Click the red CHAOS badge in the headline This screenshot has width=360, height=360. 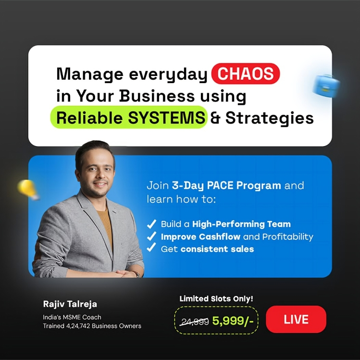[x=246, y=74]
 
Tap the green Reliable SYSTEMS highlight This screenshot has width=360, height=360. [x=128, y=118]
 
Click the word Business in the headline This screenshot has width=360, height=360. [x=157, y=96]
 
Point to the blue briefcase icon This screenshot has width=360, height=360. [x=326, y=86]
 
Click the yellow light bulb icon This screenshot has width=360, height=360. [x=28, y=189]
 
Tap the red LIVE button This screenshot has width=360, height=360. [x=296, y=320]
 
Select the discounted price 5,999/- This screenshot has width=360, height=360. [x=233, y=321]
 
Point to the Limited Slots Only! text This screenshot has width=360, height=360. [x=216, y=298]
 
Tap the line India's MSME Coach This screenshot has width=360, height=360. [x=72, y=317]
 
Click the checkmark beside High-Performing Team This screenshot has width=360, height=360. [x=151, y=224]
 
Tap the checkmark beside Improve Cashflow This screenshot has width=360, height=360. [x=151, y=236]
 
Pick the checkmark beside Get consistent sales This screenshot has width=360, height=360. [x=151, y=248]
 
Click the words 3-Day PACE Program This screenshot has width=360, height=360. [x=226, y=186]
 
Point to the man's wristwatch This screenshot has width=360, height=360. [x=136, y=273]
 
